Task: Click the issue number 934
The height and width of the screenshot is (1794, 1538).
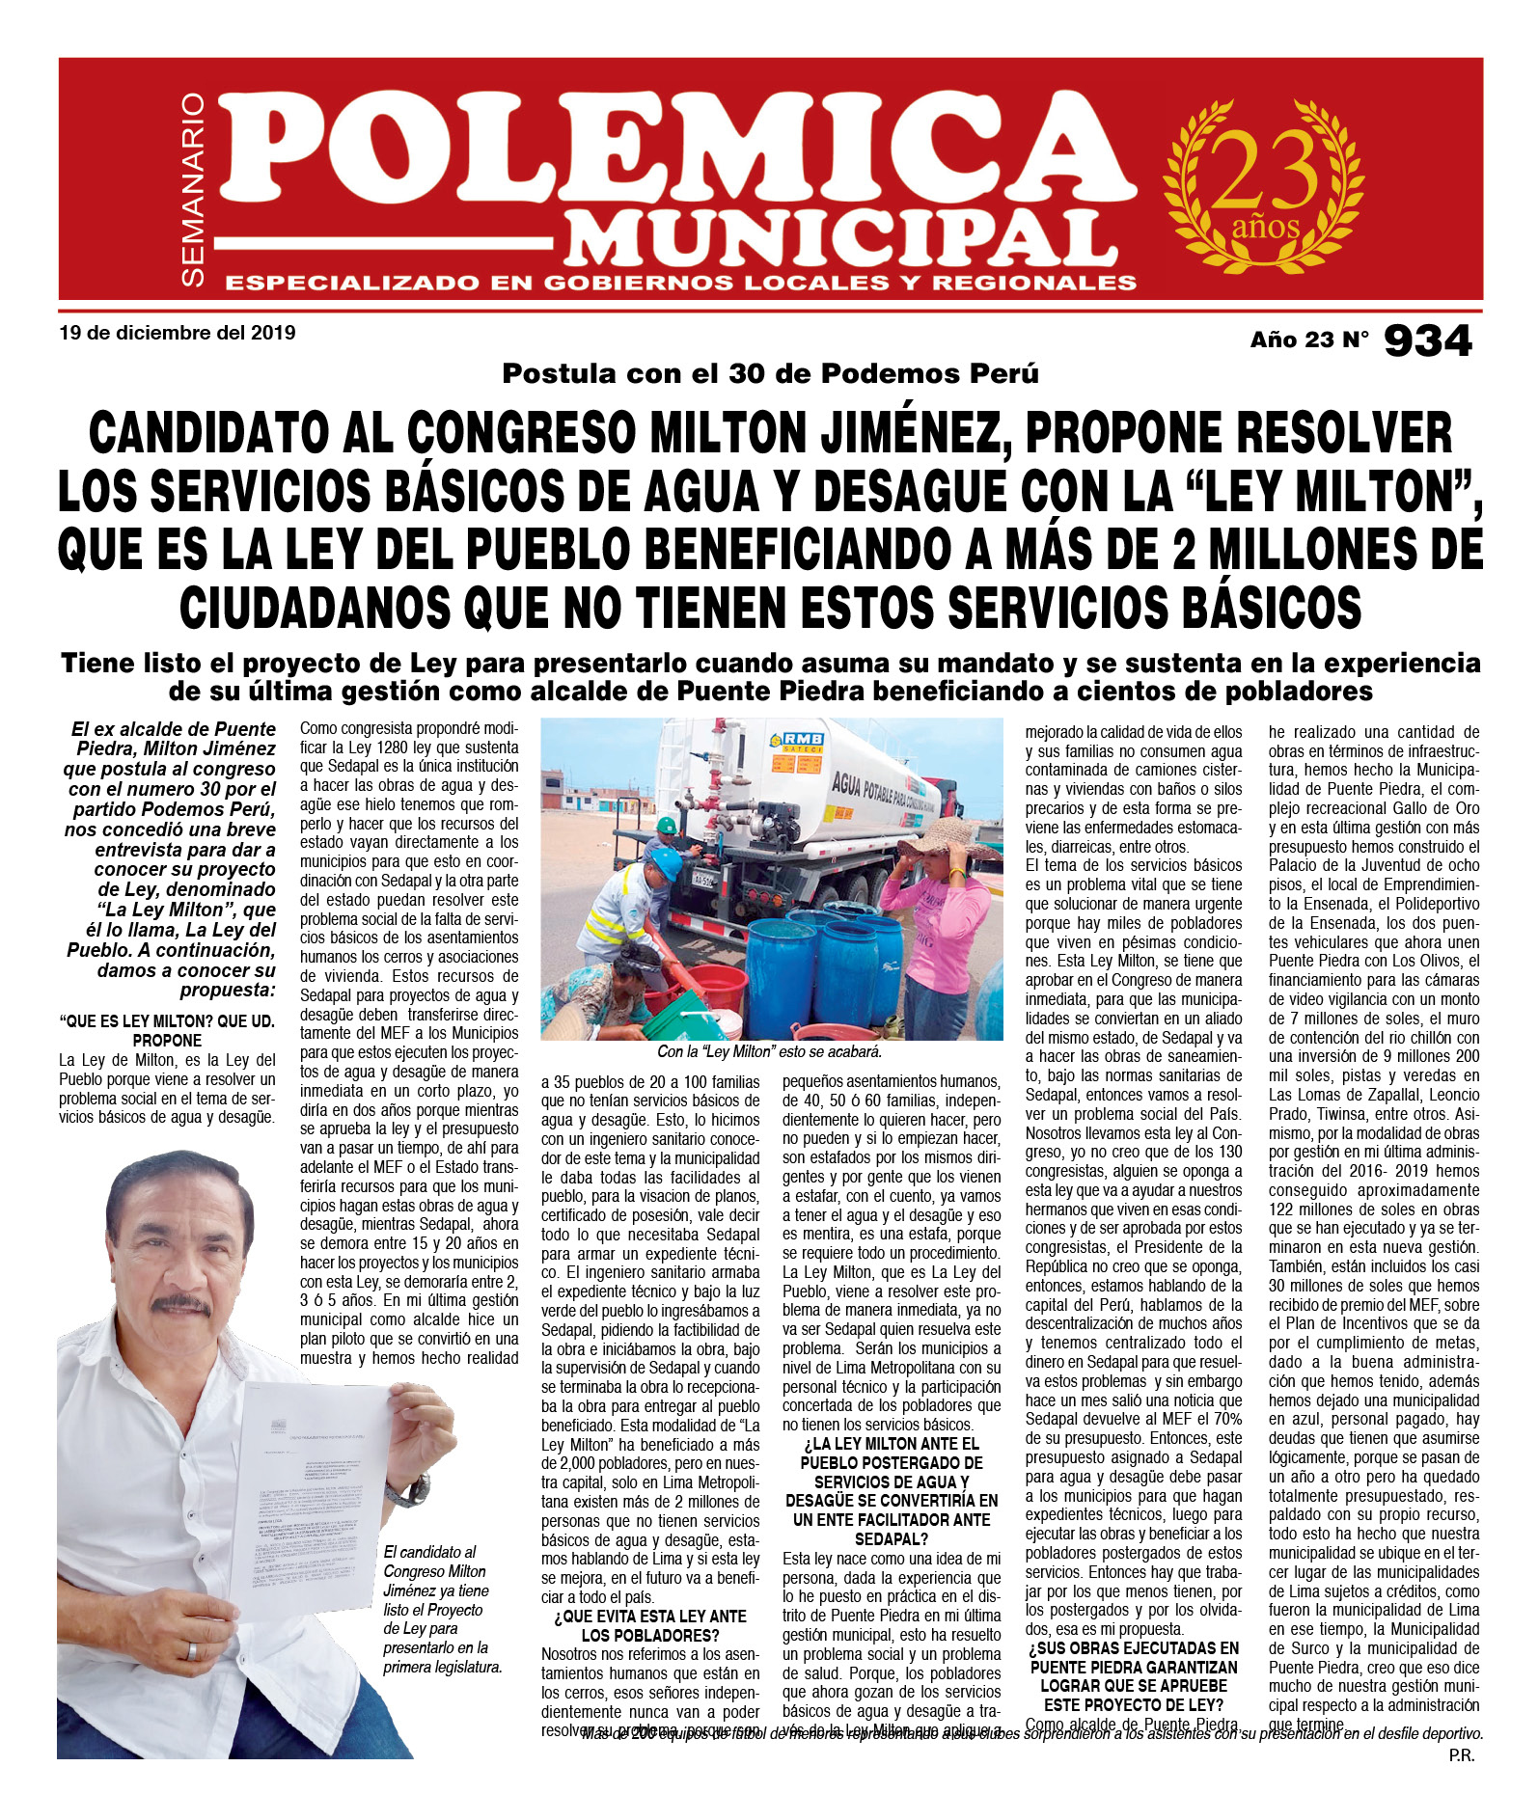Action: (1427, 340)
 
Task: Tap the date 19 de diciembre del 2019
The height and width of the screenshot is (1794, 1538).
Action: (178, 334)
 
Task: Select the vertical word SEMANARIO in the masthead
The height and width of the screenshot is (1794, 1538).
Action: (194, 189)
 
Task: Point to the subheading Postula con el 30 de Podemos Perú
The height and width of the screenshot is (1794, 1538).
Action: (769, 374)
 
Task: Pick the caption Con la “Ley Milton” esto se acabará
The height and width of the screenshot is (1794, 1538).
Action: (769, 1051)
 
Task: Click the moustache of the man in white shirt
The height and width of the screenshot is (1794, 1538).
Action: (181, 1304)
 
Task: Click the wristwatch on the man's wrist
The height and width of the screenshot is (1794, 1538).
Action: (408, 1490)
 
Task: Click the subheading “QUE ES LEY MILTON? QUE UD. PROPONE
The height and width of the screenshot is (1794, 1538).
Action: (167, 1030)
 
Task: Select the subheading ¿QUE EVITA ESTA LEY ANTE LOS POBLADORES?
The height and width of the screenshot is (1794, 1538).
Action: (650, 1625)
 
